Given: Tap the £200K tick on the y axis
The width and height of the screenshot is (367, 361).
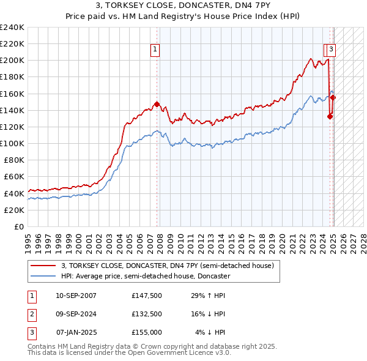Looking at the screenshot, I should [x=12, y=61].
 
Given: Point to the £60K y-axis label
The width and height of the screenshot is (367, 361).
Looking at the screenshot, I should [x=14, y=177].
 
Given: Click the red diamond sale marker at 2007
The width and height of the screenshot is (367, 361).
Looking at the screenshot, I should [x=157, y=104].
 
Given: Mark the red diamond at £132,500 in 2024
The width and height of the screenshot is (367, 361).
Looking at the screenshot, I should [x=330, y=116].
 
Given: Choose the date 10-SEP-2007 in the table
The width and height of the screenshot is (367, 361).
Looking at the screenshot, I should [x=76, y=296].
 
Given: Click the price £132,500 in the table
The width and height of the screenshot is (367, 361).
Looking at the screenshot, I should [x=146, y=314].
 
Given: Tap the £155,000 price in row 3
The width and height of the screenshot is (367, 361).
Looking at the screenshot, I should [x=146, y=332].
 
